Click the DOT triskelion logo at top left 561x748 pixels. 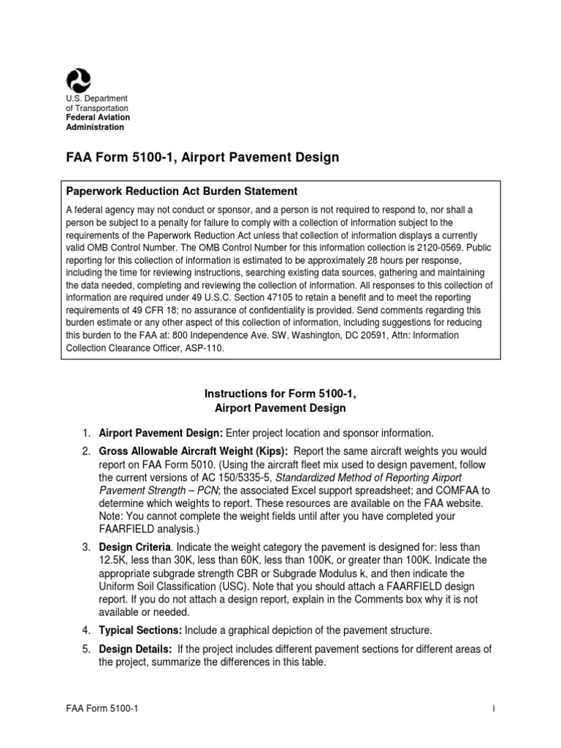[78, 78]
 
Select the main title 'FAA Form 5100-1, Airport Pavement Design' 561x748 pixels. [202, 158]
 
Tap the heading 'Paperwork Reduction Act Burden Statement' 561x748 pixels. [182, 191]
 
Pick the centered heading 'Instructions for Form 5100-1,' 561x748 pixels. [280, 394]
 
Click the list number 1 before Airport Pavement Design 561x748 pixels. [85, 432]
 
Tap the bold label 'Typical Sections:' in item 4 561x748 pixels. [140, 630]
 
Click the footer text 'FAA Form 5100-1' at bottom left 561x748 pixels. [98, 720]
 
